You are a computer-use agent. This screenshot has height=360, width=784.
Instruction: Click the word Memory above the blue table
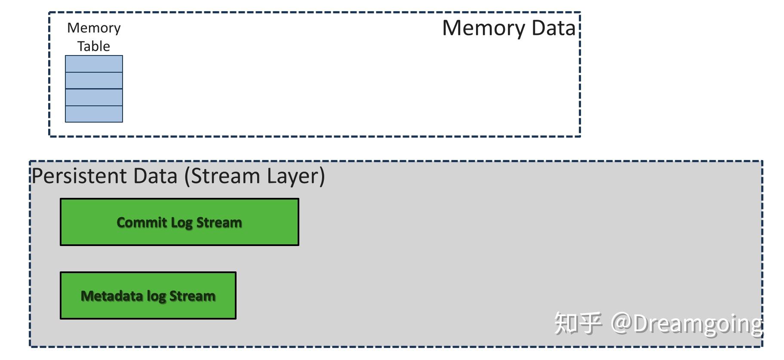click(94, 28)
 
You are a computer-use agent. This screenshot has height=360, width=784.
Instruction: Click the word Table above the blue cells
click(94, 46)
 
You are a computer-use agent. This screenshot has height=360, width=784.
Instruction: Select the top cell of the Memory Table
click(94, 64)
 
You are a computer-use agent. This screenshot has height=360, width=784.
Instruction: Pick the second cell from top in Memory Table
click(94, 80)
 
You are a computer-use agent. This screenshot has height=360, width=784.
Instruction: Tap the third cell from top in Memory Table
click(94, 97)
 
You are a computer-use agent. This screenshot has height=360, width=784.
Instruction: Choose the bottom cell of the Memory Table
click(94, 114)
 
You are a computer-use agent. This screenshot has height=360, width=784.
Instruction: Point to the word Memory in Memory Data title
click(483, 28)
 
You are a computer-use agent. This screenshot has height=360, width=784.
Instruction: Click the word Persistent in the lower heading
click(80, 176)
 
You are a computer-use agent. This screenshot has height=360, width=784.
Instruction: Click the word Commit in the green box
click(141, 222)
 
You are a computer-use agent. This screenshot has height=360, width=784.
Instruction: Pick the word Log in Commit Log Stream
click(181, 222)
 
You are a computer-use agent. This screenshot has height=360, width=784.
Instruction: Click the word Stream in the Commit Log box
click(219, 222)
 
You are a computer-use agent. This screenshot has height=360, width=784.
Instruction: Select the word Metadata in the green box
click(112, 296)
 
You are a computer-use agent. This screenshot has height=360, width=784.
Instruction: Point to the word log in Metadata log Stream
click(156, 296)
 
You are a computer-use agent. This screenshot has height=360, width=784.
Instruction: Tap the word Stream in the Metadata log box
click(192, 296)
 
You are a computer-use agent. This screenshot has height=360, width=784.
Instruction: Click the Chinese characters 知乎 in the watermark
click(577, 323)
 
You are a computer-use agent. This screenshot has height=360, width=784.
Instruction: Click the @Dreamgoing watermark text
click(686, 323)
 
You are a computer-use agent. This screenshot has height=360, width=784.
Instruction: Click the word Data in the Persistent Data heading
click(155, 176)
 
